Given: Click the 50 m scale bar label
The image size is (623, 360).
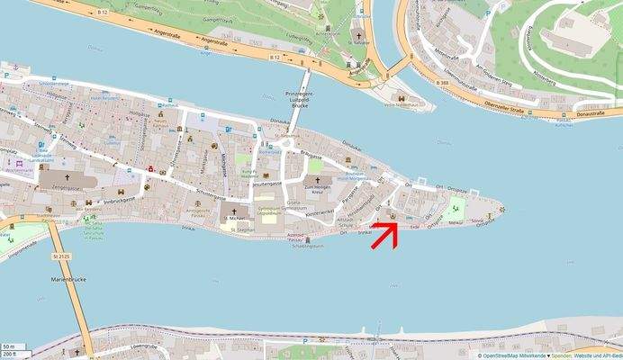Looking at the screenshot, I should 8,346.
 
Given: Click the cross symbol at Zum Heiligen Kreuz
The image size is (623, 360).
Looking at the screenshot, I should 317,181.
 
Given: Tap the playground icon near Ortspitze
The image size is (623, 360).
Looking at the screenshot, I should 453,211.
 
